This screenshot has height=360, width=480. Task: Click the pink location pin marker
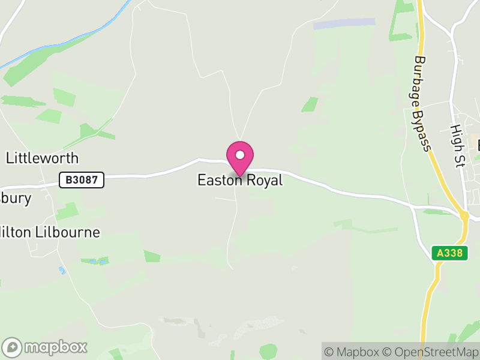(240, 158)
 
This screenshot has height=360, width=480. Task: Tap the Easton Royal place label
(240, 180)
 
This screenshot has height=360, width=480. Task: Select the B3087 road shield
(82, 179)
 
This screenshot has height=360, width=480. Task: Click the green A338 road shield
(449, 253)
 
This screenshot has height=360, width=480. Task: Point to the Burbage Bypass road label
(422, 104)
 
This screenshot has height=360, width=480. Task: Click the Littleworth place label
(42, 158)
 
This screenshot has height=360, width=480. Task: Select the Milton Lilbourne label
(51, 233)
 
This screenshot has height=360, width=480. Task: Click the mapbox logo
(45, 347)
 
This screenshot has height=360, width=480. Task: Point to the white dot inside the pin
(240, 155)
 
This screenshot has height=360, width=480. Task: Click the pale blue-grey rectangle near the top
(344, 23)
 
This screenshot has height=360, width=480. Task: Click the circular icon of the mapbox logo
(12, 347)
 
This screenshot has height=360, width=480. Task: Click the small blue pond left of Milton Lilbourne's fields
(62, 271)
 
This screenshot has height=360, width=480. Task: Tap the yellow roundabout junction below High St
(464, 215)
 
